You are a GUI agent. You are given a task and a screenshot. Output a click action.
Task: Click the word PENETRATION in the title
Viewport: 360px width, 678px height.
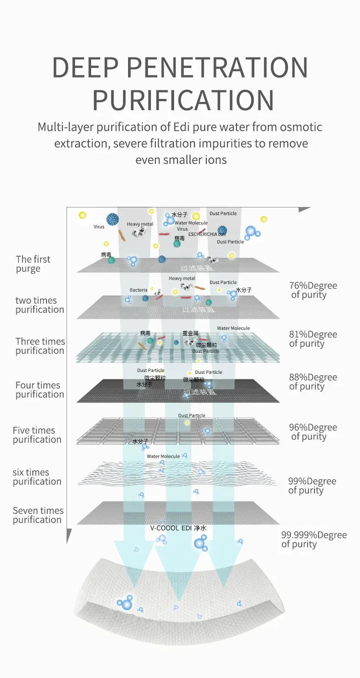217,67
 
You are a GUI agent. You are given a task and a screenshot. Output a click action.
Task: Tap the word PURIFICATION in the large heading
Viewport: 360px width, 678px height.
183,101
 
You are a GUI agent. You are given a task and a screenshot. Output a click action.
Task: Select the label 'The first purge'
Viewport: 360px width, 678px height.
33,264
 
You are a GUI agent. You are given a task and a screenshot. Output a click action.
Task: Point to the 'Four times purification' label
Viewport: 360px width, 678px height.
39,390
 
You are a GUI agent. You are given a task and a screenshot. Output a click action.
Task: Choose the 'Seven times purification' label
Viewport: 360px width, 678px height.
38,515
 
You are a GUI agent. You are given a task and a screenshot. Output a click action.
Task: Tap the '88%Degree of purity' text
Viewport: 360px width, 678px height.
313,382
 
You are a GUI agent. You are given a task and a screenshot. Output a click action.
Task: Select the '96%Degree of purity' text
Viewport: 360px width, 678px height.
313,432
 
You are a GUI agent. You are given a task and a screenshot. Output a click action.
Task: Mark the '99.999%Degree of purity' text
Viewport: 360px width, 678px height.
314,539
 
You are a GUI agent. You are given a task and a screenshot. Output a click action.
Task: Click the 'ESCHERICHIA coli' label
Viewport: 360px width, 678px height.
207,233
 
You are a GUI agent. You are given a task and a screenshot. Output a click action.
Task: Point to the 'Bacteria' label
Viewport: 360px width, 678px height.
139,290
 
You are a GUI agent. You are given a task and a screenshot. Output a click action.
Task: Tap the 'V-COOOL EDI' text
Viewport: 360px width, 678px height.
171,528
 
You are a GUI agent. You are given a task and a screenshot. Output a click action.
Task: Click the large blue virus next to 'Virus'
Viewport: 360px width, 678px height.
113,219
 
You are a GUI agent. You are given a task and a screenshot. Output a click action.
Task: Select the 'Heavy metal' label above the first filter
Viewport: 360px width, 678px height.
140,224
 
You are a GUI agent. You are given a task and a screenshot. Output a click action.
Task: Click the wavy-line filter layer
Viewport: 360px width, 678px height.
178,476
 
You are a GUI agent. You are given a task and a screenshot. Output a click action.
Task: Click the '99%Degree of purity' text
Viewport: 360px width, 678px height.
312,486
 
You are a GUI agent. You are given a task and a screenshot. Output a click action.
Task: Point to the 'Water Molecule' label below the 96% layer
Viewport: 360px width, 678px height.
163,456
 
